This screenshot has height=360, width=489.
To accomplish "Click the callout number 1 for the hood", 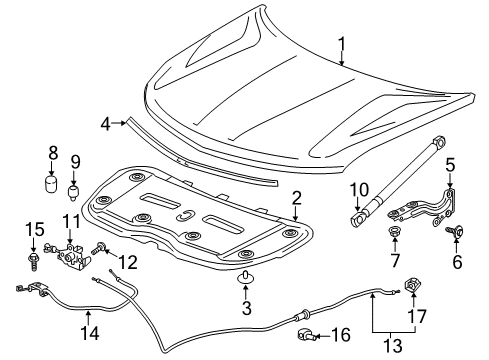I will tap(341, 43).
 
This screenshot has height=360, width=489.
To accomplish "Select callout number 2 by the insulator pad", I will tap(295, 198).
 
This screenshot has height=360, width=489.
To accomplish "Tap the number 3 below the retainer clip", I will tap(244, 308).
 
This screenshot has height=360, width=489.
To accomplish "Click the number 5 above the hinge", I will tap(450, 163).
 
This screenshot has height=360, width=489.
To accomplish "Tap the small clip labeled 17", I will tap(412, 292).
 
